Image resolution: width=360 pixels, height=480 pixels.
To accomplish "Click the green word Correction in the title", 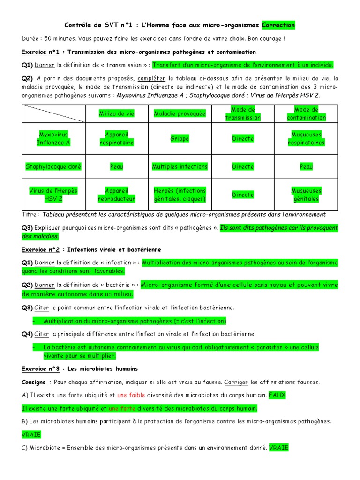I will click(278, 25).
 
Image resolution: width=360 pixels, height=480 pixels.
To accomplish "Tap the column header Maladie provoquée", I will click(180, 113).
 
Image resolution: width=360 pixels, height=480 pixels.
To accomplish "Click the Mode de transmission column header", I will click(243, 113).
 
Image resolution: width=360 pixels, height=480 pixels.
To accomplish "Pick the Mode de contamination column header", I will click(306, 113).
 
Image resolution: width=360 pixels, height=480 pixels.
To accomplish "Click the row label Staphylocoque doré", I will click(53, 166).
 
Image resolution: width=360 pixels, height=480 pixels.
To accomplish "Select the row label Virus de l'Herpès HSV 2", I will click(53, 195).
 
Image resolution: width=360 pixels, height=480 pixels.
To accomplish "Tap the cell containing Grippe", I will click(180, 139).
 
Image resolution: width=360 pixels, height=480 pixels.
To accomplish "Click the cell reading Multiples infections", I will click(180, 166).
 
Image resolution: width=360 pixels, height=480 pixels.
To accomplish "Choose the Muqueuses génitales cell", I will click(306, 195).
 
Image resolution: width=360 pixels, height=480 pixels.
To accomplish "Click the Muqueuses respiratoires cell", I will click(306, 139).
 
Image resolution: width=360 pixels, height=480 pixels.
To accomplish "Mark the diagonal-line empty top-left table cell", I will click(53, 113).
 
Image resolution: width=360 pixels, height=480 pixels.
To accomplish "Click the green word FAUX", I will click(277, 395).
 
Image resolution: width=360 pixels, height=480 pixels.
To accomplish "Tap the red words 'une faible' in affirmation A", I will click(131, 395).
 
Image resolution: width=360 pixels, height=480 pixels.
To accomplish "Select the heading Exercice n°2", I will click(40, 249).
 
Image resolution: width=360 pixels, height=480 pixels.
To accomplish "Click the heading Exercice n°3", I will click(40, 369).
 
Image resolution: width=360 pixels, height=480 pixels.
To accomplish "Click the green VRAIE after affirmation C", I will click(279, 448).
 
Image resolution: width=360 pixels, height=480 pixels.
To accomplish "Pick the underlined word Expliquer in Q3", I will click(46, 228).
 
